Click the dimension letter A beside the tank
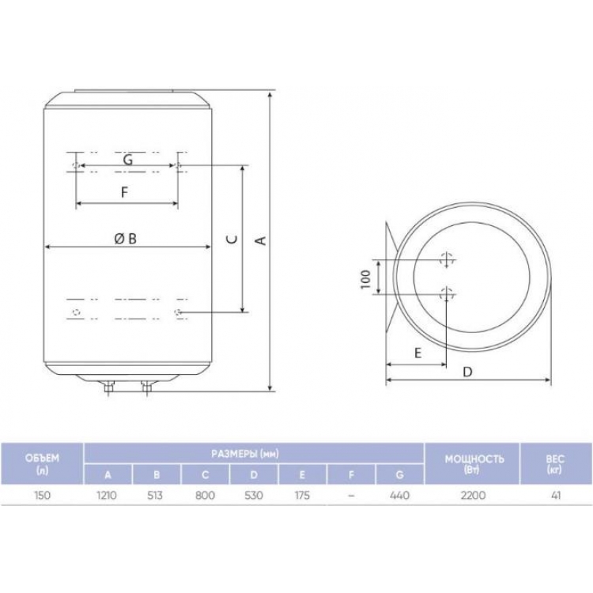(x=262, y=240)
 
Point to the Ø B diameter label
(x=126, y=239)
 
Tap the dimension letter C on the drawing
(x=233, y=239)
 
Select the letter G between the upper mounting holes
(x=128, y=160)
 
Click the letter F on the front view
(x=124, y=192)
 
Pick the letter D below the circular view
(x=468, y=372)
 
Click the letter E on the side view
(x=418, y=353)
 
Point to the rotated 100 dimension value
(x=365, y=279)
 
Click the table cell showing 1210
(x=107, y=495)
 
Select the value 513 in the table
(x=156, y=495)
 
